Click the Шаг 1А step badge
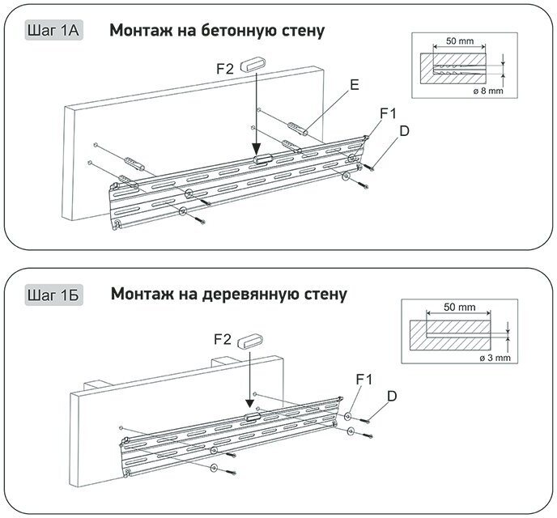click(x=52, y=32)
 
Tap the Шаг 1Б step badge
click(x=53, y=293)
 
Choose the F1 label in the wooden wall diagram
click(x=365, y=379)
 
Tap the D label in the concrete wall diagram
click(x=403, y=131)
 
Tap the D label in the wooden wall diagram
click(x=392, y=396)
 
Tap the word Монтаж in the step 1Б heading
click(x=141, y=293)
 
